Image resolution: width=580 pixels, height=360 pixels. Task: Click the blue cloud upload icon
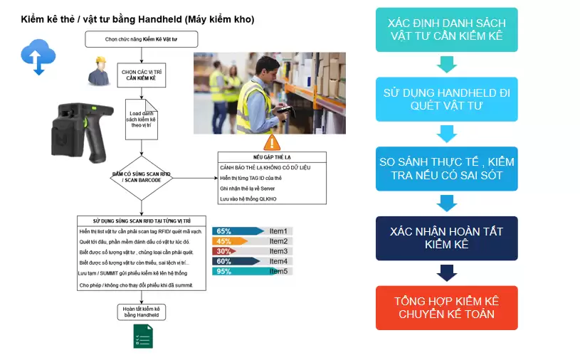pos(37,56)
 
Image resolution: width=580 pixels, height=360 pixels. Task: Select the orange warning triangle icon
pos(273,142)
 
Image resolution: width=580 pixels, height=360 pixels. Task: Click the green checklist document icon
pos(143,336)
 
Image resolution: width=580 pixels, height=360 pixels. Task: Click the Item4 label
pos(278,261)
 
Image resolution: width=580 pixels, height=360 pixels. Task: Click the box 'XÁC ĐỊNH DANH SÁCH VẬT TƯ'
pos(446,30)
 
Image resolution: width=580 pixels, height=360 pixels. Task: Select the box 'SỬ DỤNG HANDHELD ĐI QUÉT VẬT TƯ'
pos(446,99)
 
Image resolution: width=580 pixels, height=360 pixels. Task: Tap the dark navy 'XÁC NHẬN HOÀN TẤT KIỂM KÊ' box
pos(446,238)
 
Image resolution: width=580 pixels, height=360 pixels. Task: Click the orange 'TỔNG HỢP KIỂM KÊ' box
pos(446,307)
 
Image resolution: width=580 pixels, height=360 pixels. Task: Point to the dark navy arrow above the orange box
pos(446,272)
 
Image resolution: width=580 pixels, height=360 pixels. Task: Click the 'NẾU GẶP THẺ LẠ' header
pos(272,157)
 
